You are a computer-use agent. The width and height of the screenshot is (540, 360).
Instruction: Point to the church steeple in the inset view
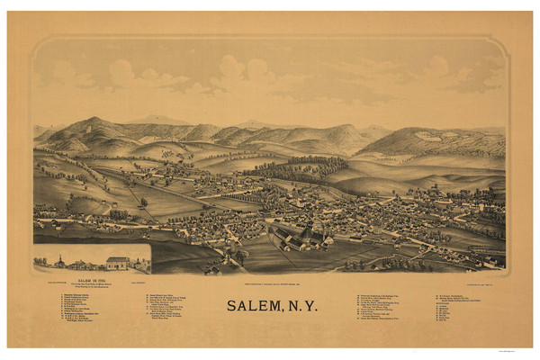point(59,259)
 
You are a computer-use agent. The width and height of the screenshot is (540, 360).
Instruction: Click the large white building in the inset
point(118,263)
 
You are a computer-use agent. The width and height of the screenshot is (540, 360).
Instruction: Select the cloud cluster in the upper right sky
point(441,72)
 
